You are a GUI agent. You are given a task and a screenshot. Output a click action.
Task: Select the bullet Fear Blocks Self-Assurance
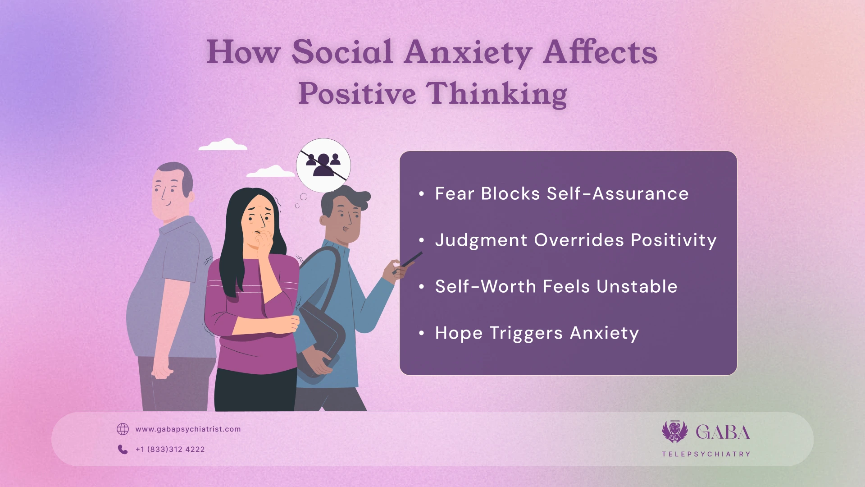point(561,194)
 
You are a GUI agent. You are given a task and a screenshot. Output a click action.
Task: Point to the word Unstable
point(637,287)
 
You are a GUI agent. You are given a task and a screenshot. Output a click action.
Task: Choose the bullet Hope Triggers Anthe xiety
point(537,333)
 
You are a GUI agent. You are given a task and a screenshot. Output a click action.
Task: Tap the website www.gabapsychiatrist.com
point(188,429)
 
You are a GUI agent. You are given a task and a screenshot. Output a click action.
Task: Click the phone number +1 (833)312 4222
point(170,450)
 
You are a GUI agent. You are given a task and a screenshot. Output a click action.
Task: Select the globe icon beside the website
point(123,429)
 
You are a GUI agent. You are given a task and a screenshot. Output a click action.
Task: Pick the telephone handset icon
point(123,450)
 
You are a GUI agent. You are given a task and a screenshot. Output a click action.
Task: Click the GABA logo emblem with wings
point(674,432)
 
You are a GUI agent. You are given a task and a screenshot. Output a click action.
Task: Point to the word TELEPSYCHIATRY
point(706,454)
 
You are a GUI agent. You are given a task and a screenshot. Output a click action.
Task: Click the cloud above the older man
point(223,145)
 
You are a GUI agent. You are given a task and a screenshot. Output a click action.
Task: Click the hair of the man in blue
point(347,197)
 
